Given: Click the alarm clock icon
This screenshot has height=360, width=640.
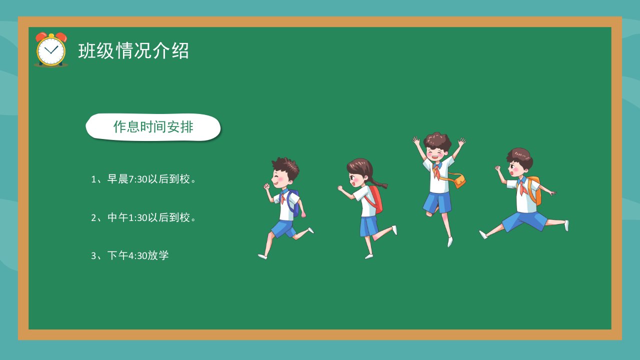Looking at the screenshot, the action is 51,49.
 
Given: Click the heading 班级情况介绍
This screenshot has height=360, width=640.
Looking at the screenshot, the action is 133,51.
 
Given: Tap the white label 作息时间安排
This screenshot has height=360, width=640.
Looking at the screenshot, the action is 153,127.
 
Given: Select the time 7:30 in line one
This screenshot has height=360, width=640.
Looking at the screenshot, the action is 137,179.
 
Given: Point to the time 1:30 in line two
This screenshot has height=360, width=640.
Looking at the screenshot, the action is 137,217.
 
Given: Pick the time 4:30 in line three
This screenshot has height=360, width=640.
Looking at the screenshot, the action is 137,255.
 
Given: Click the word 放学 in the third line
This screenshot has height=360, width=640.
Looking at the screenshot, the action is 158,255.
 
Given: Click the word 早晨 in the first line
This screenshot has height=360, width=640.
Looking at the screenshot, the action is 117,179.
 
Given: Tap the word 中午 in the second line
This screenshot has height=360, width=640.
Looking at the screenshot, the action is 117,217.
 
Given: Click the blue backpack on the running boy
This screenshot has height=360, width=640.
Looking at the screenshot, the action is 293,203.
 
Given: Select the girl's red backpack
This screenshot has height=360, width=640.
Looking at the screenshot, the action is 375,199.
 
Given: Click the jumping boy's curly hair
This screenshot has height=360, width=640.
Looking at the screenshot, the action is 437,140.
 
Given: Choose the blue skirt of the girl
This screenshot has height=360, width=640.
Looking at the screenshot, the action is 368,226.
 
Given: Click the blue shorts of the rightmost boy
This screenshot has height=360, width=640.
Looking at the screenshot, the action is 524,221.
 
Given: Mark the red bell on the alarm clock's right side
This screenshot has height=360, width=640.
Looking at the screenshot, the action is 61,37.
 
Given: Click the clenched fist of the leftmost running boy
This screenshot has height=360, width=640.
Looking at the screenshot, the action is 267,186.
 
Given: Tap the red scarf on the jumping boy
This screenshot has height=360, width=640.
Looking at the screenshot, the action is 436,172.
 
